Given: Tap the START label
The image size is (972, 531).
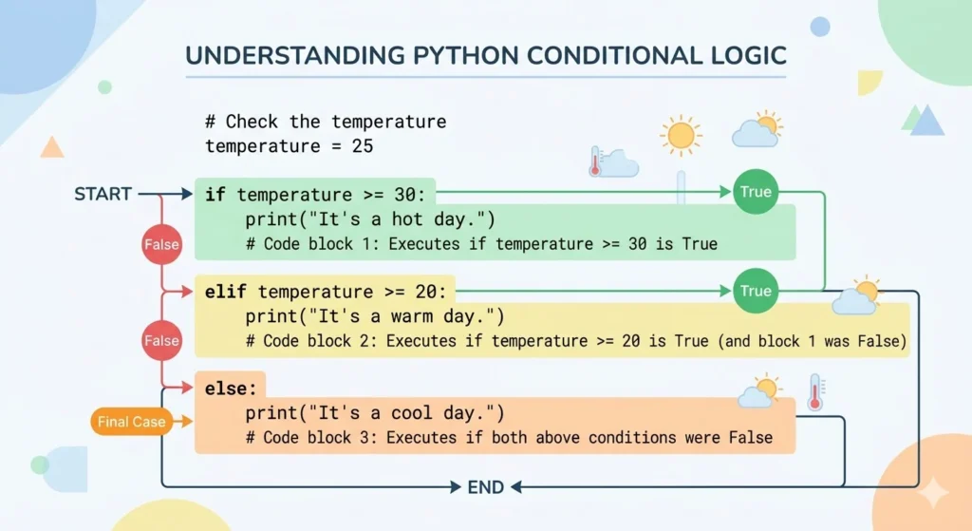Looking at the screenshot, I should [x=103, y=195].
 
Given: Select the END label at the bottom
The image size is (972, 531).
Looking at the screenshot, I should [x=486, y=487].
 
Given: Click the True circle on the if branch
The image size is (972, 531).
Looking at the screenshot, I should [x=756, y=192].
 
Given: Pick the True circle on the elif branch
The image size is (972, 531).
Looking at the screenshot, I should [x=756, y=291].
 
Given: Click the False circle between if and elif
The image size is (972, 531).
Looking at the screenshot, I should [x=161, y=245].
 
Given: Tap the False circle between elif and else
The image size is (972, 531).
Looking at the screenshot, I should [x=161, y=340].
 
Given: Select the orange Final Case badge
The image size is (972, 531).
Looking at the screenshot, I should [x=131, y=422].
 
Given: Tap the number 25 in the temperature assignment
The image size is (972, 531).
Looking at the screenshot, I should [x=362, y=146].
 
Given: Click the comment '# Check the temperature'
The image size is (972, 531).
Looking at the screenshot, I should [x=326, y=123].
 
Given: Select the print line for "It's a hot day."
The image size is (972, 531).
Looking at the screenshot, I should [x=370, y=220].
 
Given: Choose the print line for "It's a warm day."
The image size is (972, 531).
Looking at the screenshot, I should [x=375, y=316].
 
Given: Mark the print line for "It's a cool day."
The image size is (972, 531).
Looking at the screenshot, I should [x=375, y=413].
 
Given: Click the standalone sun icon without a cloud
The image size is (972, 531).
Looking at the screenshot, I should [x=681, y=136].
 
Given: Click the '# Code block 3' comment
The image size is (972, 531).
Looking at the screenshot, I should [x=508, y=438].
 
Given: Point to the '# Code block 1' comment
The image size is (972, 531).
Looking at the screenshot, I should [x=480, y=244].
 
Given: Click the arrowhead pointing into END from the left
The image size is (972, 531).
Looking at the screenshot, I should [x=456, y=487].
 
